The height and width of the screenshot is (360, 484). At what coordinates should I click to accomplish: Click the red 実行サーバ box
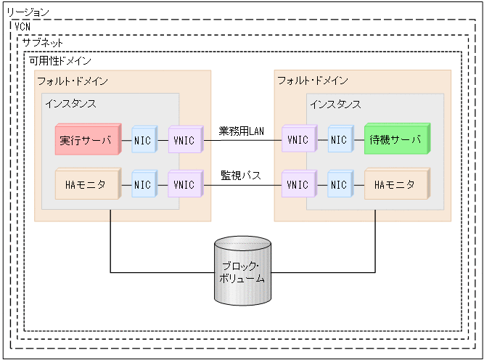pos(86,140)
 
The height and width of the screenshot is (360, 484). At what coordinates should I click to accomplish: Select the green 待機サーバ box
pos(395,140)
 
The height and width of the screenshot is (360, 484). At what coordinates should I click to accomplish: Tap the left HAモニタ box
pos(85,185)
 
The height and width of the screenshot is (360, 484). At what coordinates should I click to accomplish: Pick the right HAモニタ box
pos(395,185)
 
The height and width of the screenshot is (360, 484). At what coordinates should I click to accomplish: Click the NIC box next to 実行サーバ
pos(142,140)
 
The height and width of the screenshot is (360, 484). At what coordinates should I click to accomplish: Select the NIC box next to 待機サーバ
pos(338,140)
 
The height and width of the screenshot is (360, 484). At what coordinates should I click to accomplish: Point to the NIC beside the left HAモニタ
pos(142,185)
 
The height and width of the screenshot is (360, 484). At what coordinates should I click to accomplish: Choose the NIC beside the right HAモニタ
pos(338,185)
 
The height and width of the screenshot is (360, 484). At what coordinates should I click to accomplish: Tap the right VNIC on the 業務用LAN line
pos(298,140)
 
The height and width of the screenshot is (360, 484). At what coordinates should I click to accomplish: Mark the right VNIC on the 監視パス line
pos(298,185)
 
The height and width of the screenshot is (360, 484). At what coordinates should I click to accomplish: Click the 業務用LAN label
pos(242,131)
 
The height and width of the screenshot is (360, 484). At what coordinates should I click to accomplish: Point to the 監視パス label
pos(242,176)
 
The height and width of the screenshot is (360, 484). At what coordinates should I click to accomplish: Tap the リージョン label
pos(28,12)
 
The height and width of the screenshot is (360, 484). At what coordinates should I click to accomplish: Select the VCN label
pos(22,27)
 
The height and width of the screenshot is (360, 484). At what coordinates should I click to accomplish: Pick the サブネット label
pos(42,43)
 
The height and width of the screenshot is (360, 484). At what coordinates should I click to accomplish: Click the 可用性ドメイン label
pos(60,61)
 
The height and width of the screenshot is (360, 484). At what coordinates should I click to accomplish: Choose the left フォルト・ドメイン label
pos(73,80)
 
